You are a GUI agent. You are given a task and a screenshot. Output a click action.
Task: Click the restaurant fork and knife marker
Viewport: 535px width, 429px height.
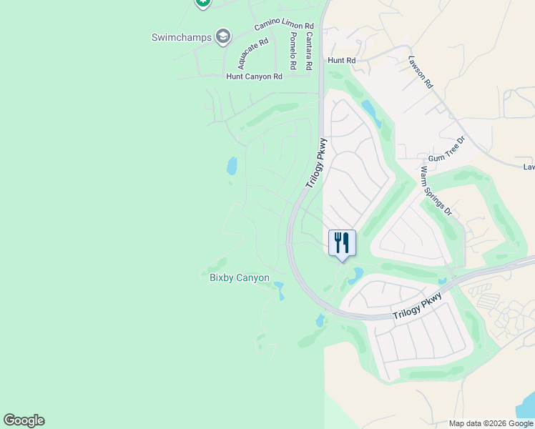[x=342, y=243]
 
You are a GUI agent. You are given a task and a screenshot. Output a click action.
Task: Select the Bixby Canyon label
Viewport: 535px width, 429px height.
[x=240, y=277]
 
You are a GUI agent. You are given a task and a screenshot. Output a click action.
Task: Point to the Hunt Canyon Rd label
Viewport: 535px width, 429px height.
[x=254, y=77]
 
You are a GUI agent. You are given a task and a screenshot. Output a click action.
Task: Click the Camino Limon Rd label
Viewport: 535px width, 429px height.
[x=284, y=26]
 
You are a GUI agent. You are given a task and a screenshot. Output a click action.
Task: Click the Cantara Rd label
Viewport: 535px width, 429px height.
[x=308, y=51]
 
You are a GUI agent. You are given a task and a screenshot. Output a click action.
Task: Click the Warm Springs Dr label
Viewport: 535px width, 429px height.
[x=436, y=191]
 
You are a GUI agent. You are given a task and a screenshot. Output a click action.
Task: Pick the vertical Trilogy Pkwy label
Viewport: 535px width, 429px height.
[x=315, y=163]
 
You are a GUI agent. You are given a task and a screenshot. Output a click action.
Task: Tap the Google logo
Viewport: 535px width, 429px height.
[x=24, y=420]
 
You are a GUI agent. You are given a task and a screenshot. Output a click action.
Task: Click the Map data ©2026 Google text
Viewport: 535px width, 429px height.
[x=490, y=423]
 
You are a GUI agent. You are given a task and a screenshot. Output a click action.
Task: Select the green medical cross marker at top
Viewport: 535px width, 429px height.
[x=202, y=2]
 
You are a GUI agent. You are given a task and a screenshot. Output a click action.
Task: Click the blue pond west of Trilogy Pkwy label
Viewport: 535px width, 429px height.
[x=232, y=167]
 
